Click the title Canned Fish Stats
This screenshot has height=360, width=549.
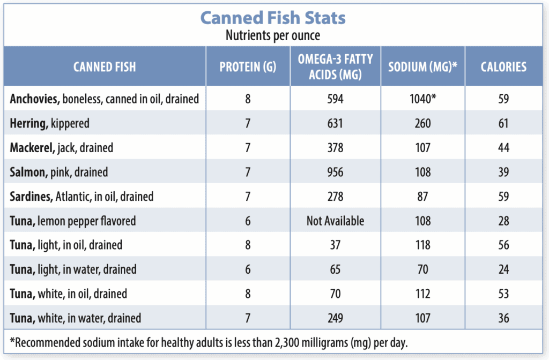(273, 18)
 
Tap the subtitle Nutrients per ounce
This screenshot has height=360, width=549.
(273, 35)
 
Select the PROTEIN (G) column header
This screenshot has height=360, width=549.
(248, 66)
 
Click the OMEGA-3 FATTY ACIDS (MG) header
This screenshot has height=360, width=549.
(336, 66)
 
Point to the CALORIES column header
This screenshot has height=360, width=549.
(503, 66)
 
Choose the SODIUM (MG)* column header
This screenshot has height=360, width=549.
(423, 66)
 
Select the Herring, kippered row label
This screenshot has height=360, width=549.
(50, 124)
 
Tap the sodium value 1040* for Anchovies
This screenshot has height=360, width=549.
(423, 99)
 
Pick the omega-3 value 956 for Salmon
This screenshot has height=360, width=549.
(336, 172)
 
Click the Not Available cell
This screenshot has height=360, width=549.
(336, 221)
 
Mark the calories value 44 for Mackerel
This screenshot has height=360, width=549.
(503, 148)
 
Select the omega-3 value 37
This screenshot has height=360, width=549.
(336, 245)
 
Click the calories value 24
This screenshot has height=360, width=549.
(503, 269)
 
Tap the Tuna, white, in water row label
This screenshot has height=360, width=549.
(75, 318)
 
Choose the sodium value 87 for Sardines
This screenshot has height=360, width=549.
(423, 197)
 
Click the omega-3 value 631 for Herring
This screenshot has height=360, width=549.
(336, 124)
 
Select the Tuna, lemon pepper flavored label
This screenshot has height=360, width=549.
(73, 221)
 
